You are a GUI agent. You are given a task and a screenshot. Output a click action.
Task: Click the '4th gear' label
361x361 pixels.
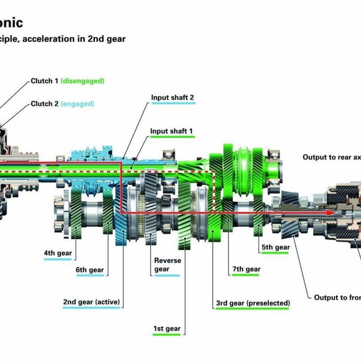pos(58,253)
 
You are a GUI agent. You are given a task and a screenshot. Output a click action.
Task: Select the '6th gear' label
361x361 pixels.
pos(90,270)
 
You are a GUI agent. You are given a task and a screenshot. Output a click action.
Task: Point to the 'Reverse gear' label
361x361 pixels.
pos(167,265)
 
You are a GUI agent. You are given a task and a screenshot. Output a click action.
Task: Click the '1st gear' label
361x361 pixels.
pos(167,329)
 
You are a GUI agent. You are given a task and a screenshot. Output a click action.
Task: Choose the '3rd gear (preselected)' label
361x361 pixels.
pos(253,303)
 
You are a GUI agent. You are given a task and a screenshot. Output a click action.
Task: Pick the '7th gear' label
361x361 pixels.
pos(246,269)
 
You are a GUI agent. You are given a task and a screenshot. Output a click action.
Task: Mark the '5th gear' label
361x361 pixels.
pos(275,247)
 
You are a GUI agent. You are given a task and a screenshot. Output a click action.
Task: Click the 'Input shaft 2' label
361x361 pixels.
pos(173,97)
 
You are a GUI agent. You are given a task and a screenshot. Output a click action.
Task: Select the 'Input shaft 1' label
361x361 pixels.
pos(172,131)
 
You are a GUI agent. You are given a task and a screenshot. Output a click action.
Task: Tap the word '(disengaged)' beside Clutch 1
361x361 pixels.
pos(83,81)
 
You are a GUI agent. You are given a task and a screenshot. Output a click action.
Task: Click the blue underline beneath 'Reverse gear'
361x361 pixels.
pos(167,275)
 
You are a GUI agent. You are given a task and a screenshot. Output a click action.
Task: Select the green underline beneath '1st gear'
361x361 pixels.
pos(167,334)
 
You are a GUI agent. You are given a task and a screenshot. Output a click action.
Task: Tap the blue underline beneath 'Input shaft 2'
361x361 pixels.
pos(173,103)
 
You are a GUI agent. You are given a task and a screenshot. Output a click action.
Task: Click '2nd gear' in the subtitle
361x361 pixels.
pos(110,39)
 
